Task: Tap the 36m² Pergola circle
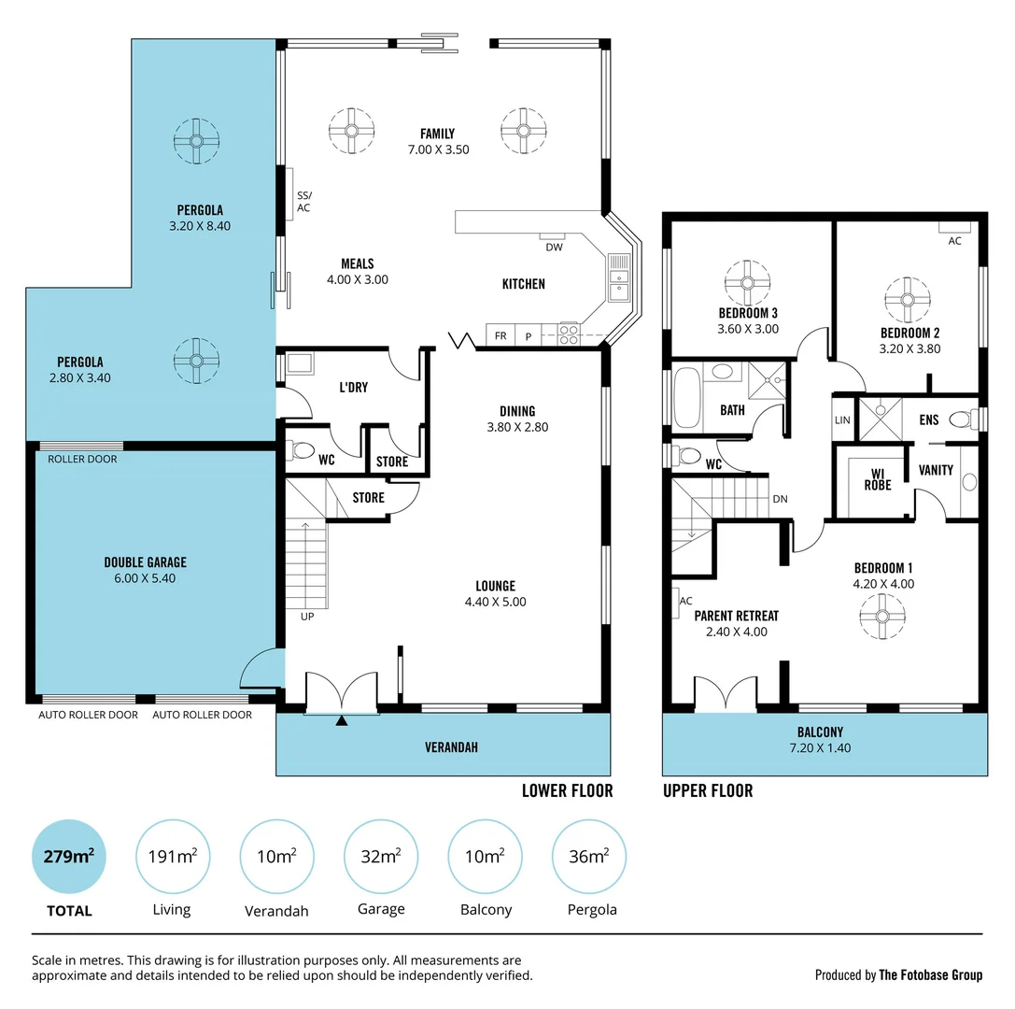[589, 856]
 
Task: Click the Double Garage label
[145, 562]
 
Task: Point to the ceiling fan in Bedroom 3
[747, 282]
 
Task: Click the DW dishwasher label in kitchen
[554, 247]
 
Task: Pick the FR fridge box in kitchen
[500, 335]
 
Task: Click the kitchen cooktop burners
[569, 334]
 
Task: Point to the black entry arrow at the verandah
[342, 720]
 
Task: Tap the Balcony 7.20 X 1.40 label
[820, 740]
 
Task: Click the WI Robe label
[877, 479]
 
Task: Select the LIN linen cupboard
[842, 420]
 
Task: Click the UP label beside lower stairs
[307, 617]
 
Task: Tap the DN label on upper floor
[780, 499]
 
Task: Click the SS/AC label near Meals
[303, 201]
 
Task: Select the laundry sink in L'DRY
[301, 363]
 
